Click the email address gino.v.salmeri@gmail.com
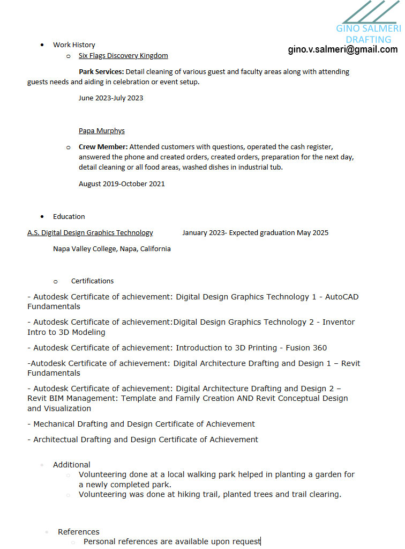point(343,49)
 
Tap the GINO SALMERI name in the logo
point(368,28)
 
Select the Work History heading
point(74,45)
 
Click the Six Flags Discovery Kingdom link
point(123,55)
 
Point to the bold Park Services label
point(101,71)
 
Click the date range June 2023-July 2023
point(111,98)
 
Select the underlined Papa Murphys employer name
point(102,130)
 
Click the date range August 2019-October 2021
point(122,184)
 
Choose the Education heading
point(69,216)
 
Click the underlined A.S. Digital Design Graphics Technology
point(90,232)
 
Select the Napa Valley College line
point(112,248)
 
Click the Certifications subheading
point(92,281)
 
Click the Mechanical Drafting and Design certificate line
point(144,424)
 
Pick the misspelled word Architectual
point(56,440)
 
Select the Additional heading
point(72,465)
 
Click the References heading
point(79,532)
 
